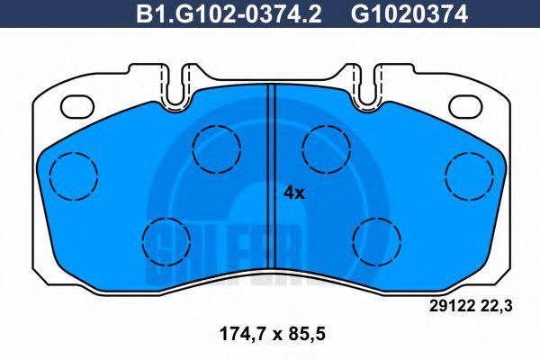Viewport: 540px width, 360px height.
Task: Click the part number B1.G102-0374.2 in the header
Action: tap(229, 13)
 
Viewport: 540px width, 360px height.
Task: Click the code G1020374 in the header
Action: tap(409, 13)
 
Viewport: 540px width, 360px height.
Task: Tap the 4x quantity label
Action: tap(293, 193)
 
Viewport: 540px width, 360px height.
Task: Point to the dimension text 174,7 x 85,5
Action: tap(272, 334)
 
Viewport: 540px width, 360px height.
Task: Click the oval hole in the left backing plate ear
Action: tap(77, 106)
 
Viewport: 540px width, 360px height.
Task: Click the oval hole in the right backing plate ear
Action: tap(465, 106)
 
